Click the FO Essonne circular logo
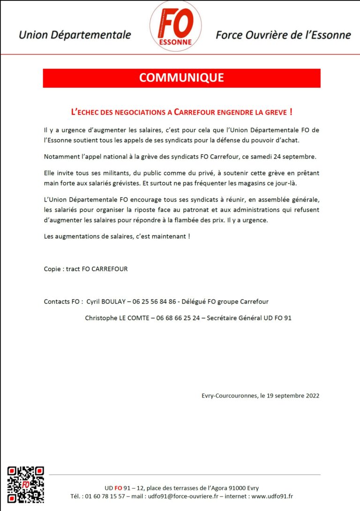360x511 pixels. pos(175,26)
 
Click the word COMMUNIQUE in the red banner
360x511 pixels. pos(181,78)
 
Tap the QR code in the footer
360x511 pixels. pos(26,484)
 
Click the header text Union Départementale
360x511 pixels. pos(75,35)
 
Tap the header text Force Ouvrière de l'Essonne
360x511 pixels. pos(283,35)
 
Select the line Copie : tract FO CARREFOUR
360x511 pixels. pos(85,269)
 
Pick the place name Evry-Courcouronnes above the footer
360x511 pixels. pos(227,395)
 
